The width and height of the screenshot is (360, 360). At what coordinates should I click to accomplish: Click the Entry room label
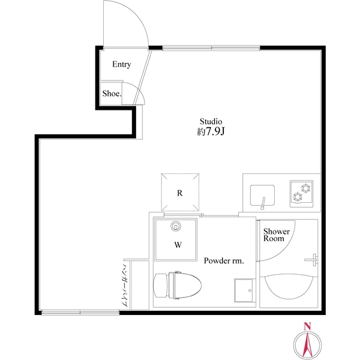pyautogui.click(x=121, y=65)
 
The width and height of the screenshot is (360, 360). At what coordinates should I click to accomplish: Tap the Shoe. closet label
pyautogui.click(x=112, y=93)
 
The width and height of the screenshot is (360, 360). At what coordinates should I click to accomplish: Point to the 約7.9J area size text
pyautogui.click(x=211, y=131)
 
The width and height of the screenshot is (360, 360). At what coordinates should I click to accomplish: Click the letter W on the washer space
pyautogui.click(x=178, y=245)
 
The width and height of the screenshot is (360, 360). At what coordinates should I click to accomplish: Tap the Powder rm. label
pyautogui.click(x=223, y=260)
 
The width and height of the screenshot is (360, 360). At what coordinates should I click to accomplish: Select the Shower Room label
pyautogui.click(x=277, y=235)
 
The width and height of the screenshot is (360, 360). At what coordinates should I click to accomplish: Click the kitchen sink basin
pyautogui.click(x=263, y=196)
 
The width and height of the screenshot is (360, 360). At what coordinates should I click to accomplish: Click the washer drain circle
pyautogui.click(x=176, y=226)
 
